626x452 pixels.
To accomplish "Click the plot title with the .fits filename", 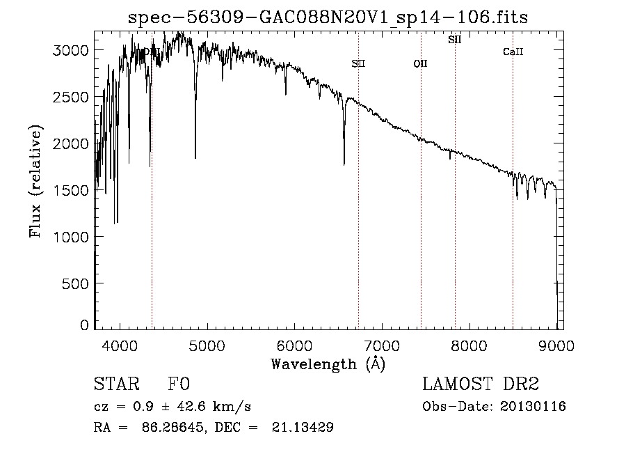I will tap(328, 17).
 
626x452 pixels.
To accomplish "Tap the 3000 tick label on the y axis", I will tap(72, 50).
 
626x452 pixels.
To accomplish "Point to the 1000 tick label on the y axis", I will tap(72, 237).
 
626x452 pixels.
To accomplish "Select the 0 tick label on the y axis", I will tap(85, 325).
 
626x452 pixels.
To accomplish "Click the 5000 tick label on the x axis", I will tap(207, 345).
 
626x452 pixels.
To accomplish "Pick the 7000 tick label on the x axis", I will tap(382, 345).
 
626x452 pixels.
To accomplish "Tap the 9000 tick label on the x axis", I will tap(556, 345).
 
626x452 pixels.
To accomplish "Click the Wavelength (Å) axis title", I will tap(328, 363).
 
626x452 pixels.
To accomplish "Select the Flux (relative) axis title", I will tap(35, 181).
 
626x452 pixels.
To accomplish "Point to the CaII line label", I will tap(513, 52).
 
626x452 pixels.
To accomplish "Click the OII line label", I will tap(420, 63).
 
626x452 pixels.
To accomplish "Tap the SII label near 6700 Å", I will tap(358, 63).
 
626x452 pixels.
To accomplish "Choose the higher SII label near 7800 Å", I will tap(455, 40).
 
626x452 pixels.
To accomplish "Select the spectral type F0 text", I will tap(178, 384).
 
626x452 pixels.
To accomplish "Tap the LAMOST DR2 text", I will tap(480, 384).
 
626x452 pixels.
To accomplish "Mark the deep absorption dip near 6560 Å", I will tap(344, 162).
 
